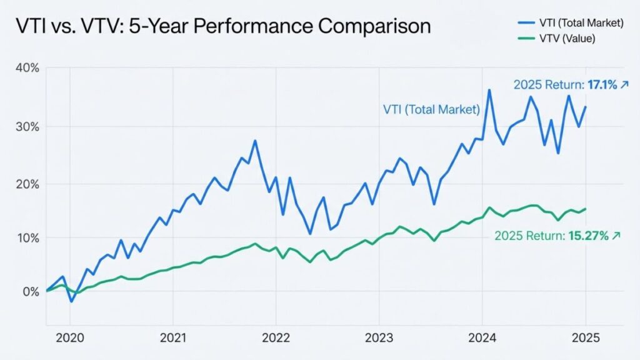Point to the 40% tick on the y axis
click(26, 68)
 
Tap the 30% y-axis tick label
click(26, 127)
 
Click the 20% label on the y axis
click(26, 184)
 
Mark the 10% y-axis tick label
click(26, 238)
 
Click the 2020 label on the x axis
click(69, 338)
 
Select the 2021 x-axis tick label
click(173, 338)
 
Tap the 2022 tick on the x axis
click(276, 338)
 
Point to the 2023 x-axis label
click(378, 338)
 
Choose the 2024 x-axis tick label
click(482, 338)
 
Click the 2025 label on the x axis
click(585, 338)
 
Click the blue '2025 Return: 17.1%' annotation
click(570, 85)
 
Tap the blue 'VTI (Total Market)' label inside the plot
click(431, 110)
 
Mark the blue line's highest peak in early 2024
click(489, 91)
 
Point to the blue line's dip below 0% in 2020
click(71, 301)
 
